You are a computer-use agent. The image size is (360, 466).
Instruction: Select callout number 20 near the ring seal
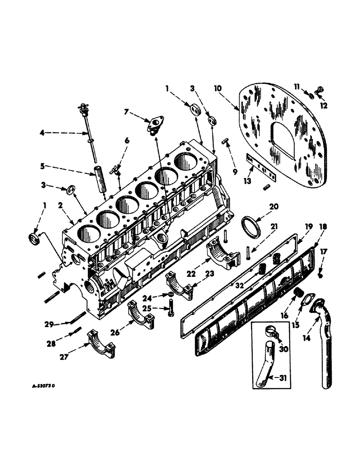273,206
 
